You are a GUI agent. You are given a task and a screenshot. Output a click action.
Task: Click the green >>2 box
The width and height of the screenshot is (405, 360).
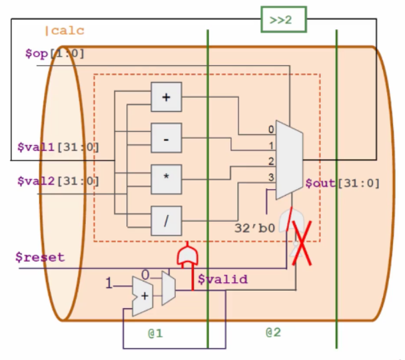pyautogui.click(x=282, y=20)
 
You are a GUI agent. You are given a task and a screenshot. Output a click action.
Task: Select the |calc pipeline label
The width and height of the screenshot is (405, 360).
pyautogui.click(x=64, y=31)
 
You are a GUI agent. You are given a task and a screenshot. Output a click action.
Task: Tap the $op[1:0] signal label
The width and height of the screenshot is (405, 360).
pyautogui.click(x=55, y=53)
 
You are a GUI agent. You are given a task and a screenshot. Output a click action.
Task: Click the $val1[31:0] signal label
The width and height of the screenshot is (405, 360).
pyautogui.click(x=59, y=146)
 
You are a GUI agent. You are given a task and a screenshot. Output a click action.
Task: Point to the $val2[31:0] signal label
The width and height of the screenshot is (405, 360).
pyautogui.click(x=59, y=180)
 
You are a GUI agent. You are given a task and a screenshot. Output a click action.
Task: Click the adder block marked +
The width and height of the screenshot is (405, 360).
pyautogui.click(x=166, y=97)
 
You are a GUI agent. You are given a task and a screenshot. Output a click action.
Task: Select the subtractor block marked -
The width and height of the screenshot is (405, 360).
pyautogui.click(x=166, y=138)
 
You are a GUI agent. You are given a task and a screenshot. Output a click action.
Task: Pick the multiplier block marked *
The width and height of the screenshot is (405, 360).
pyautogui.click(x=166, y=178)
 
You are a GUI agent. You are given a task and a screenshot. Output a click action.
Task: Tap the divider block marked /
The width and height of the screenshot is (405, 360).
pyautogui.click(x=166, y=220)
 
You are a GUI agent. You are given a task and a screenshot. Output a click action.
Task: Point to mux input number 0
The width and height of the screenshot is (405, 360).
pyautogui.click(x=271, y=129)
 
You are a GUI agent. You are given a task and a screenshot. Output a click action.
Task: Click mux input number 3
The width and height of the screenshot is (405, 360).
pyautogui.click(x=271, y=176)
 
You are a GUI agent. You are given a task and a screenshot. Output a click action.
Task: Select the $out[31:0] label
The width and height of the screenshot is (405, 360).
pyautogui.click(x=341, y=183)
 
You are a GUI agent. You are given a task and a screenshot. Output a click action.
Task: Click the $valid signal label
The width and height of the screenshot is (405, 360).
pyautogui.click(x=222, y=279)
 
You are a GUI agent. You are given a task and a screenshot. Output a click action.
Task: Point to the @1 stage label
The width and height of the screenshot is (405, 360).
pyautogui.click(x=155, y=332)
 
